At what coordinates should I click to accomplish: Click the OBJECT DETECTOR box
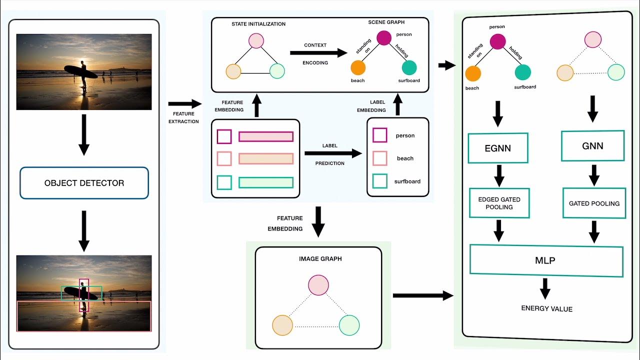tap(84, 183)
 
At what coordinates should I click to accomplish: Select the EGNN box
tap(497, 148)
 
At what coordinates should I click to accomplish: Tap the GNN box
tap(592, 146)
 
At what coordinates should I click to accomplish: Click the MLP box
tap(546, 260)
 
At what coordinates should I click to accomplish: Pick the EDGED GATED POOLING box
tap(499, 203)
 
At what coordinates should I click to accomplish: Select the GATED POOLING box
tap(594, 203)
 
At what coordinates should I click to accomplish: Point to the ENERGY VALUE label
tap(546, 308)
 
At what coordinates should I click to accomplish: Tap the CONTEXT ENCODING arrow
tap(318, 53)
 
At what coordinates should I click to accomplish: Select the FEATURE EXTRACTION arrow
tap(183, 104)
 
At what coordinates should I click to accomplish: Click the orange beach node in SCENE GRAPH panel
tap(358, 67)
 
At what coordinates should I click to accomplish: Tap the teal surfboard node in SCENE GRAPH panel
tap(409, 67)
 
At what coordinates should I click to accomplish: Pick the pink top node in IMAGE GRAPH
tap(318, 285)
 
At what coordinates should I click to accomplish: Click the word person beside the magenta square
tap(405, 135)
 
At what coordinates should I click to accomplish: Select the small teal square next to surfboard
tap(380, 181)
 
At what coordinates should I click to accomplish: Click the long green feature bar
tap(265, 182)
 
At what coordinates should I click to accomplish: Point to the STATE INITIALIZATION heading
tap(258, 24)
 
